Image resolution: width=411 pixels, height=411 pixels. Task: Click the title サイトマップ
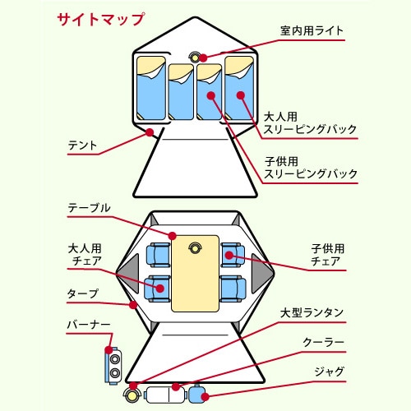pos(101,19)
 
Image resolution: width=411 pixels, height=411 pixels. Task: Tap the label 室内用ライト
pos(312,30)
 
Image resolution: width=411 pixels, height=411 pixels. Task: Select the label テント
pos(82,145)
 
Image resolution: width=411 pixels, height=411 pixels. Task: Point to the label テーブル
pos(89,208)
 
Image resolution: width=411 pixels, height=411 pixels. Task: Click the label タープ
pos(82,293)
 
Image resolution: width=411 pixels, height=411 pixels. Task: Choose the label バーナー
pos(89,325)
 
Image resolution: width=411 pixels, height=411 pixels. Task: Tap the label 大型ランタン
pos(312,312)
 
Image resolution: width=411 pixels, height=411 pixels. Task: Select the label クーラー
pos(323,342)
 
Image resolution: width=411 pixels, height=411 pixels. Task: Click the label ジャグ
pos(329,372)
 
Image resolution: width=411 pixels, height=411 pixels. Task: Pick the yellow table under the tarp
pos(195,274)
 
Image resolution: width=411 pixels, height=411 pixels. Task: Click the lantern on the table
pos(195,248)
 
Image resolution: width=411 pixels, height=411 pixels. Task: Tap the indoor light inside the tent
pos(195,58)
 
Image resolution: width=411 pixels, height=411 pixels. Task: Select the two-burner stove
pos(113,366)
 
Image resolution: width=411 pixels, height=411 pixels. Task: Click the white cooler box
pos(165,395)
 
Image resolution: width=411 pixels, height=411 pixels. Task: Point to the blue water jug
pos(198,394)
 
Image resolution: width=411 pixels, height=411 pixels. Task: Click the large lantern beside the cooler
pos(132,395)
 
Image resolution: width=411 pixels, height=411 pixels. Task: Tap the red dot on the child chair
pos(229,256)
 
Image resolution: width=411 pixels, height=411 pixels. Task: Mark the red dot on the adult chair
pos(160,288)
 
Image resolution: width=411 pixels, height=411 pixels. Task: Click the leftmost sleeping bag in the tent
pos(151,88)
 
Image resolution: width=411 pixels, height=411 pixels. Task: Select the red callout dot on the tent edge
pos(150,132)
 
